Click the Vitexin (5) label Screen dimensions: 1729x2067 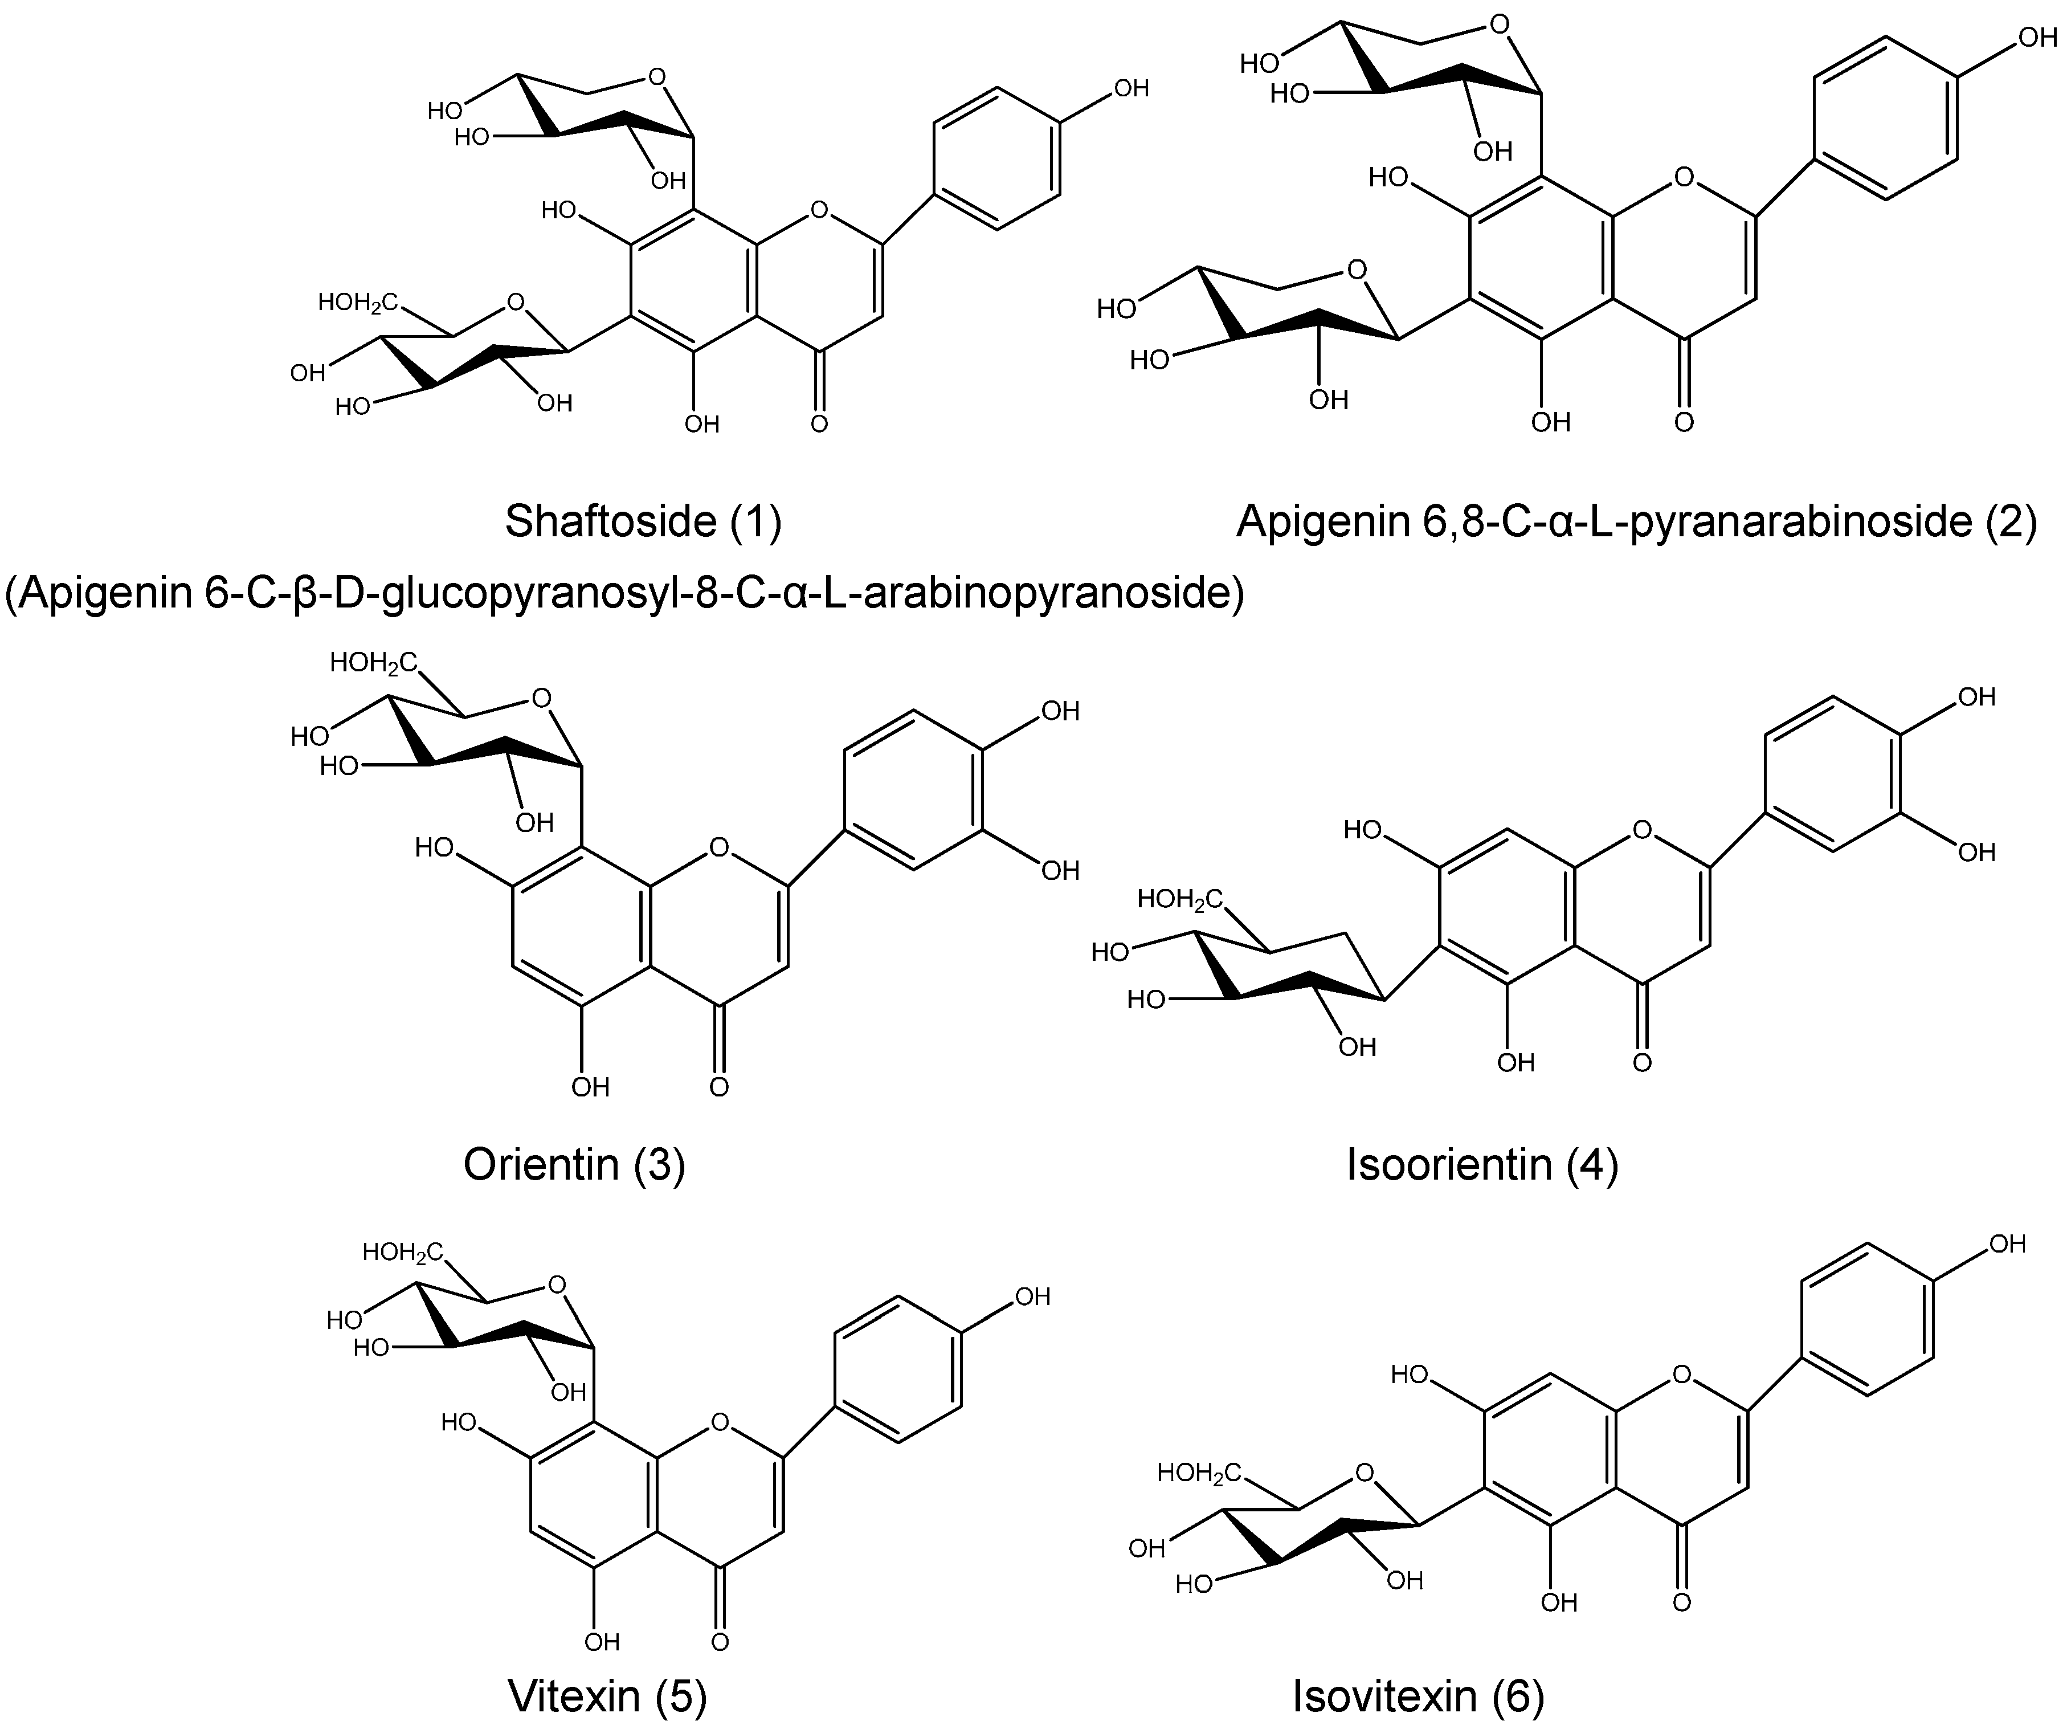607,1695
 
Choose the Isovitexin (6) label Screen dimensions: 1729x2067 1418,1695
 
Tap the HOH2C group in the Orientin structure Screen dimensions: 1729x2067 373,663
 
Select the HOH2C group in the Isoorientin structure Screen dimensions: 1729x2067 1179,899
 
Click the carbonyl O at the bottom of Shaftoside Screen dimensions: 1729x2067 819,425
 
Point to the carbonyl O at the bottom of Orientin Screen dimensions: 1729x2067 718,1087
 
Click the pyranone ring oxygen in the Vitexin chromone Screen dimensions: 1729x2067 720,1422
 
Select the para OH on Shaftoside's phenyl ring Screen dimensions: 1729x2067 1131,89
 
